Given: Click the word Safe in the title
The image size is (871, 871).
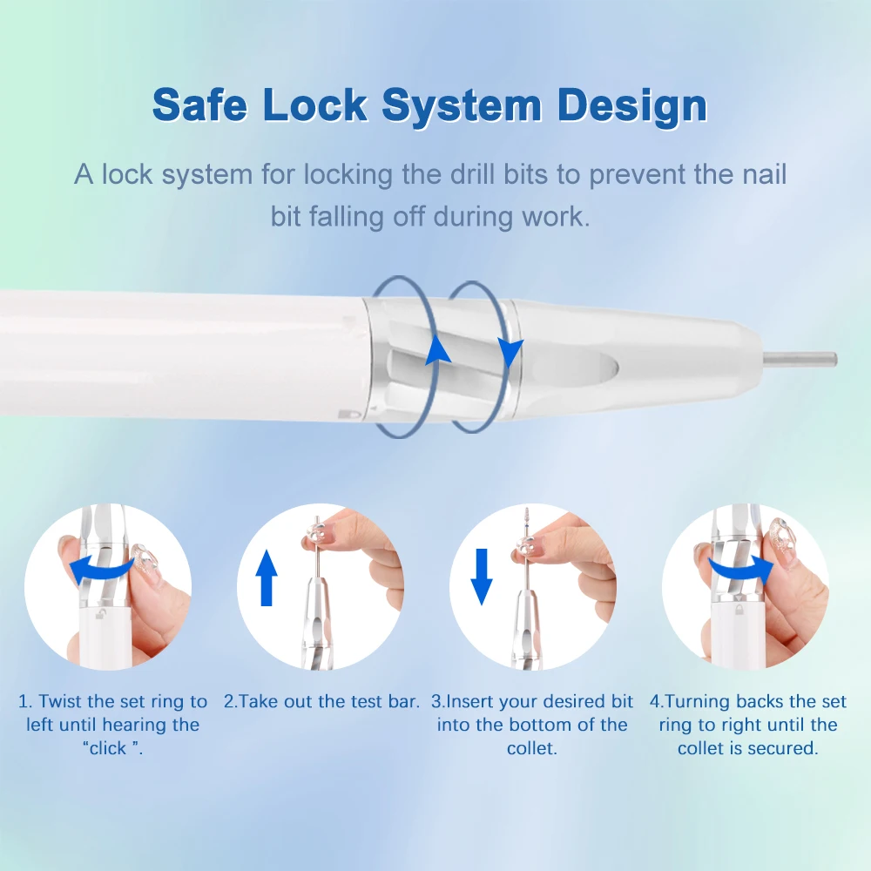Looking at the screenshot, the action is point(200,105).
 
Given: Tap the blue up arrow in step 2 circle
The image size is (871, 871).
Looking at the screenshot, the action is point(267,577).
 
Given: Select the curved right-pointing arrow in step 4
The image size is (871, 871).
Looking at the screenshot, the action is point(741,570).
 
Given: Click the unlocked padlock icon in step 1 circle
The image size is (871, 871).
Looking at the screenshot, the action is point(100,613).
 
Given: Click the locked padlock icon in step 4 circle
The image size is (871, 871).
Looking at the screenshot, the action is point(739,611).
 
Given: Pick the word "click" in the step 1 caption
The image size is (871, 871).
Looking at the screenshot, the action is point(108,748).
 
